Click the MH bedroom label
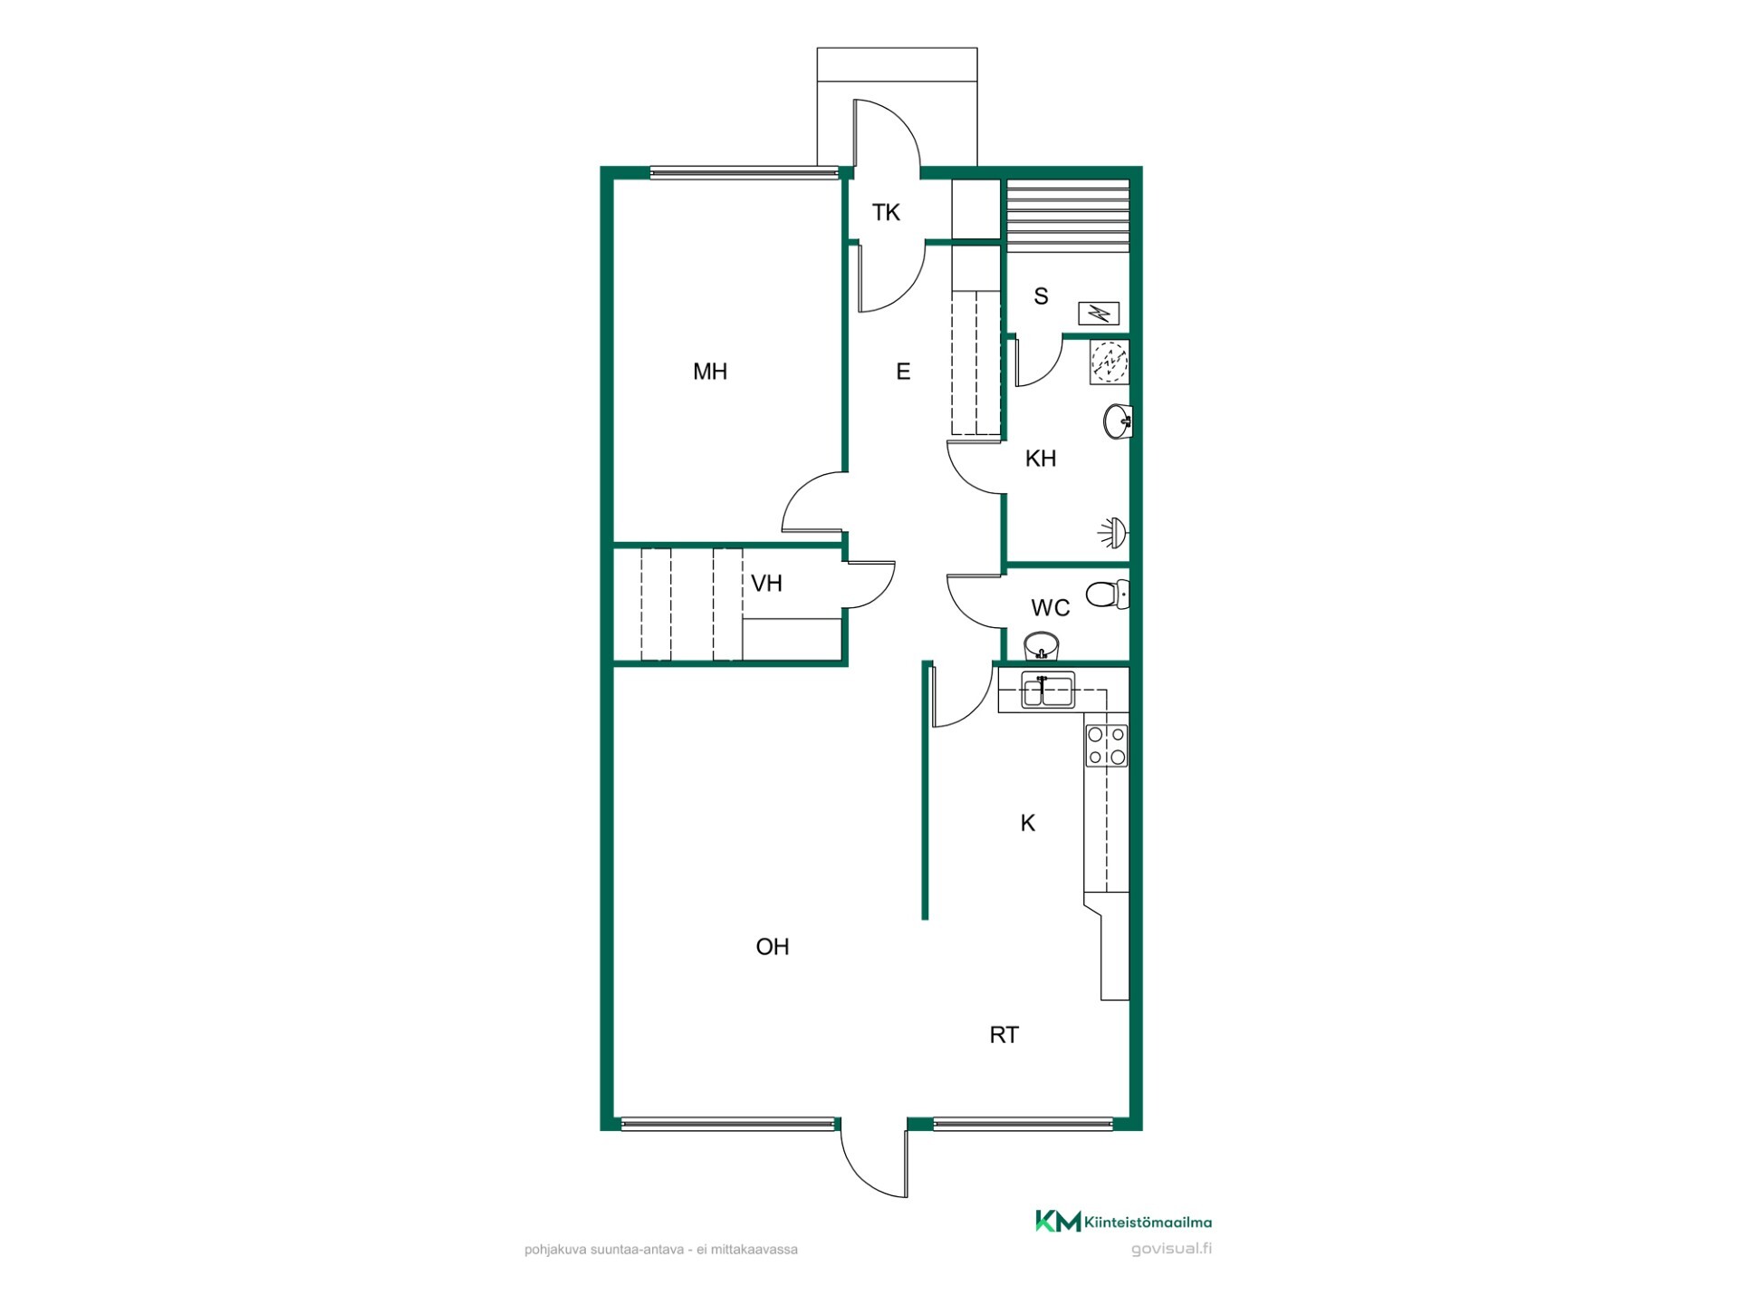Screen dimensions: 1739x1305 (710, 372)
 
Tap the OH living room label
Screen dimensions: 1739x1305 (773, 947)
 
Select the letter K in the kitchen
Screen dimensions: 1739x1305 (1028, 823)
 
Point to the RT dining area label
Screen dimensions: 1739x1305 (1004, 1035)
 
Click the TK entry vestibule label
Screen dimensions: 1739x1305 (886, 213)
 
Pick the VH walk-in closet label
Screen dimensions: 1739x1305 (767, 584)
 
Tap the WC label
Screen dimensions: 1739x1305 (1051, 608)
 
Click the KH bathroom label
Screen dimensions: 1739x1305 (1041, 459)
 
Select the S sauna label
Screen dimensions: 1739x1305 (1042, 296)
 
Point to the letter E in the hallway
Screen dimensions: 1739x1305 (903, 372)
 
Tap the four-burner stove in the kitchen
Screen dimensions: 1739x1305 (1107, 746)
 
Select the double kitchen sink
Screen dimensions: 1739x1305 (1047, 690)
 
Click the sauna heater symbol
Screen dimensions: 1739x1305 (1099, 314)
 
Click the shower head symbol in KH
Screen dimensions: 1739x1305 (1113, 534)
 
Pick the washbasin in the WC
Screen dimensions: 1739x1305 (1042, 646)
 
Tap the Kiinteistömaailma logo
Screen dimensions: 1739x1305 (1123, 1222)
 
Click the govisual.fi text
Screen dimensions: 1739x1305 (1172, 1249)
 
